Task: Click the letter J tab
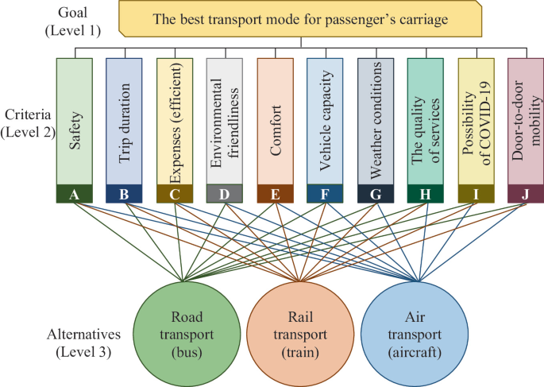(526, 194)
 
